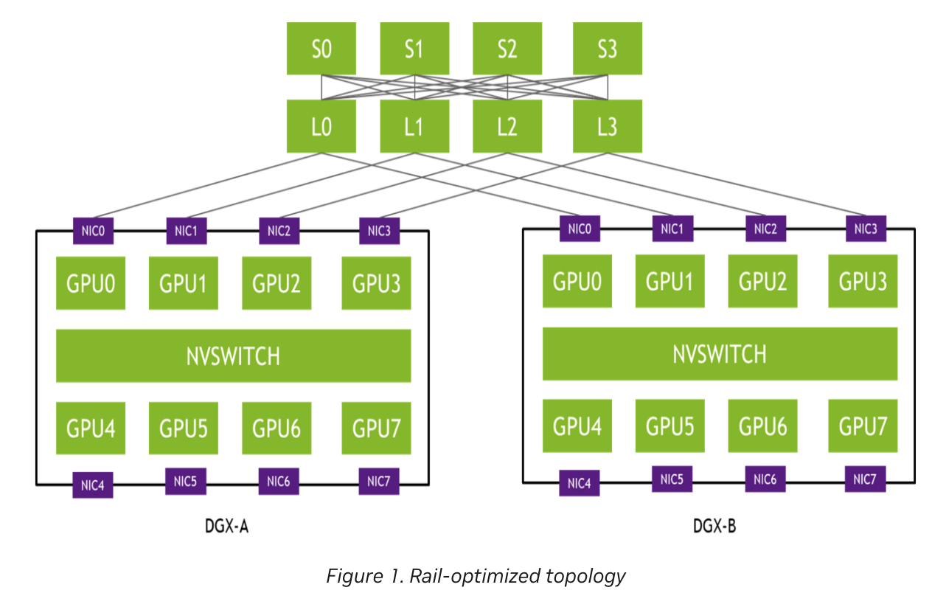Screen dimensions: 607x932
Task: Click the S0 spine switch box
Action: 321,49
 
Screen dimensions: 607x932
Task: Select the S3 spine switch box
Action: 607,49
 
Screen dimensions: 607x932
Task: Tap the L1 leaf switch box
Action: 414,126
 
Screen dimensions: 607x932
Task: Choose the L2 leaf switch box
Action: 507,126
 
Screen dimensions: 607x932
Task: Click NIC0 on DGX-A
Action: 93,231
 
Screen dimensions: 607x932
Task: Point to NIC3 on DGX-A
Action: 379,231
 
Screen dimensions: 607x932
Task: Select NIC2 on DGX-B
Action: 765,229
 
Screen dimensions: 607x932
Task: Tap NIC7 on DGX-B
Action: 865,479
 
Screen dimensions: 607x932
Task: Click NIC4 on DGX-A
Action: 93,485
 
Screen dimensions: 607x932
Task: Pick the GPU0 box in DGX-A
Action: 91,283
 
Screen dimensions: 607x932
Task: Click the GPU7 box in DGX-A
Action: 376,428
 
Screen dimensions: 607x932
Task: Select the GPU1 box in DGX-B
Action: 670,281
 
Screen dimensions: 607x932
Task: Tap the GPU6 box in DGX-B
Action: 762,426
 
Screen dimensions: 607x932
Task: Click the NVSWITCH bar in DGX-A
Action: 233,355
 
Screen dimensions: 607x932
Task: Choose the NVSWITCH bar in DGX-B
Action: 720,354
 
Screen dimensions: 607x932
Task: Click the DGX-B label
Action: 714,527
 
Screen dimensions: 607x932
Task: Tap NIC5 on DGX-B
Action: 672,479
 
